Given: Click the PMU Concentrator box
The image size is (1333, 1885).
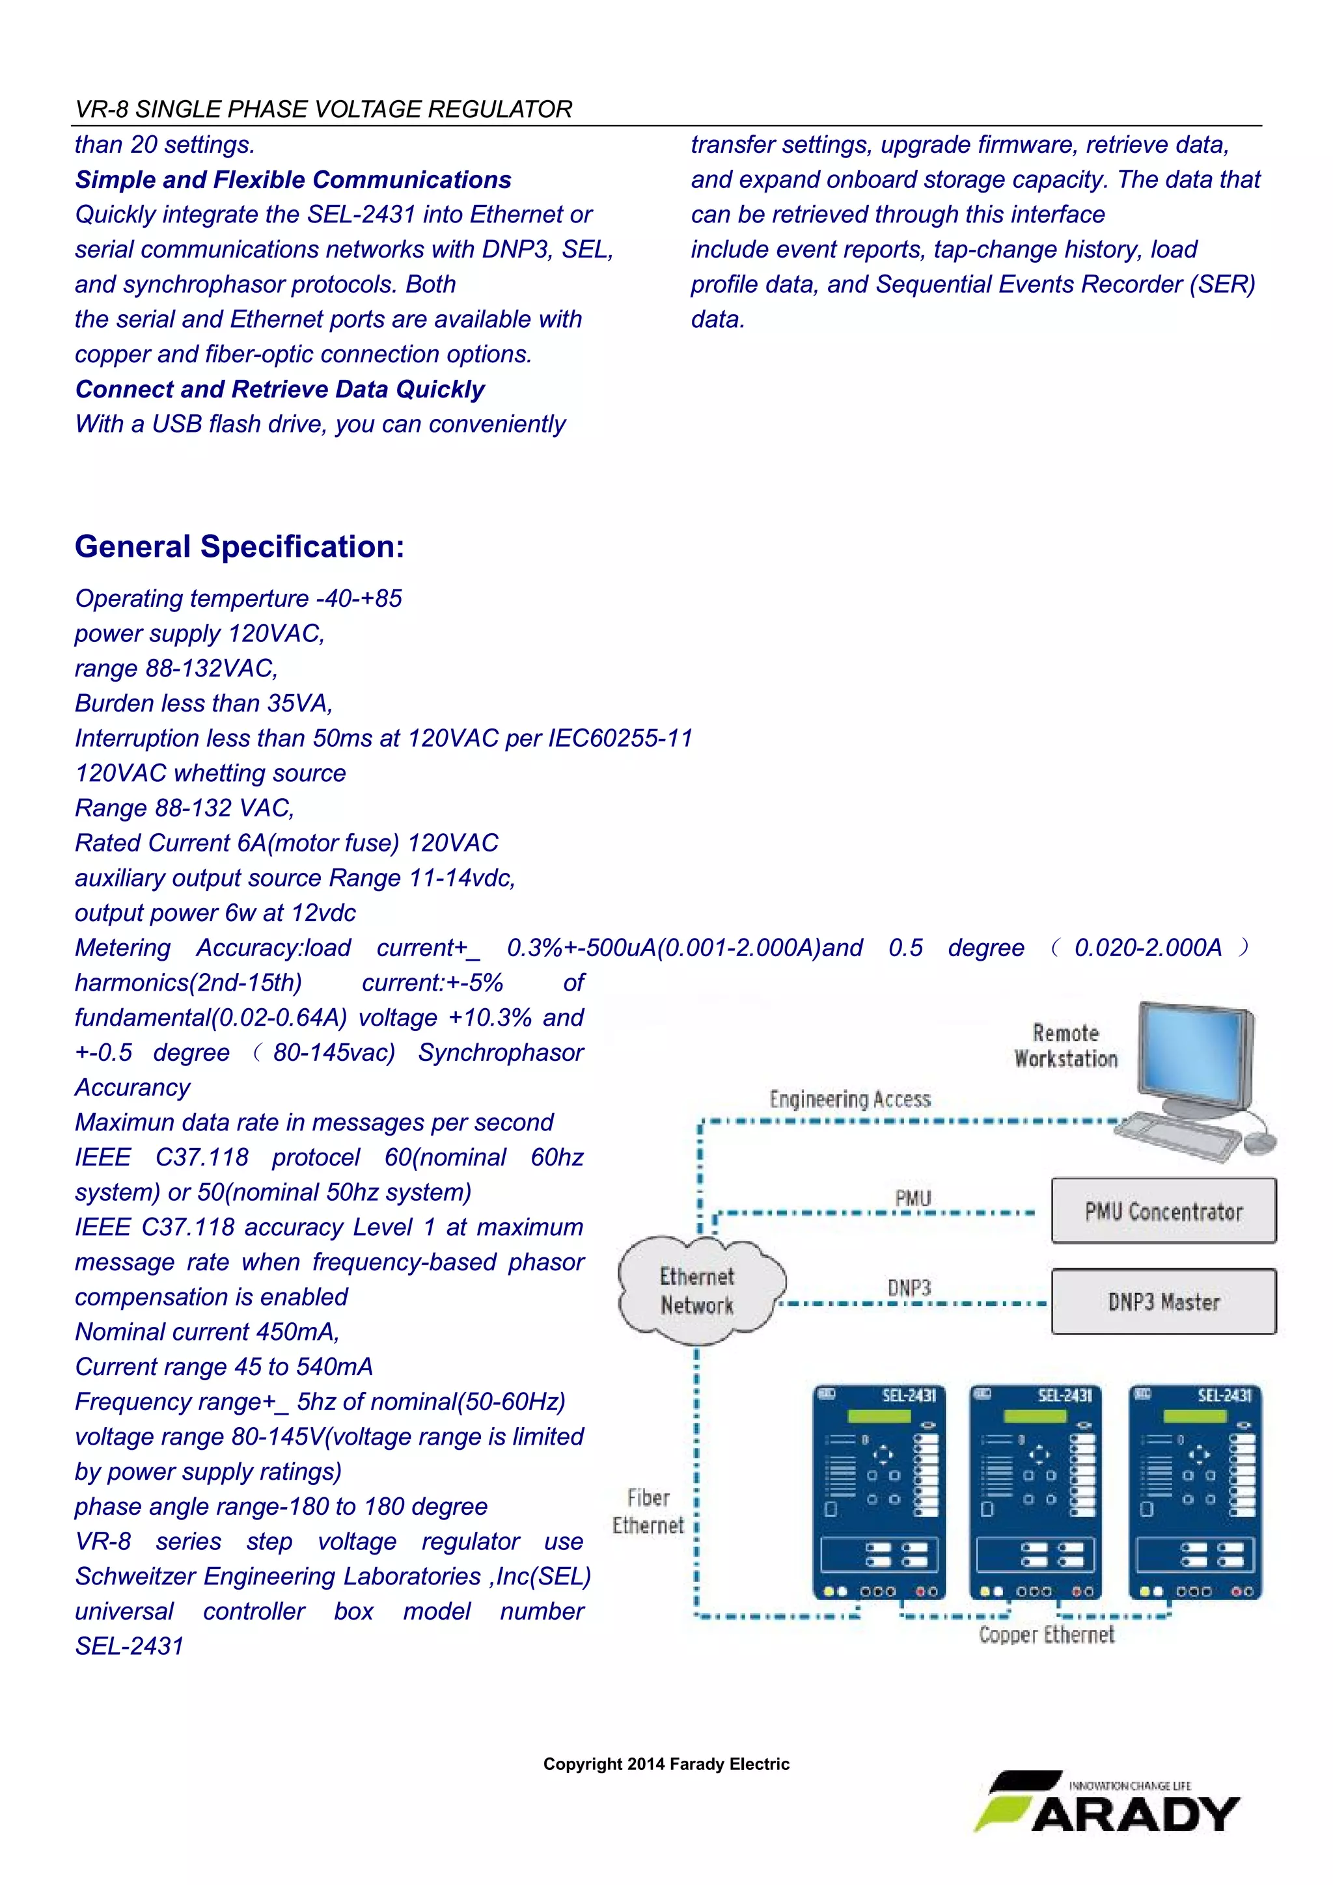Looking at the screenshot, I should point(1163,1211).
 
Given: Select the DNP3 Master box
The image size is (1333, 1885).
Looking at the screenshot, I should point(1163,1302).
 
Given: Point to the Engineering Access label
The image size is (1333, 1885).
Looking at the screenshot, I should point(850,1099).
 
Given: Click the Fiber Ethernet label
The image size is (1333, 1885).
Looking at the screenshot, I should point(648,1512).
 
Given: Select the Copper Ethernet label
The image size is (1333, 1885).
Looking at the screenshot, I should point(1047,1635).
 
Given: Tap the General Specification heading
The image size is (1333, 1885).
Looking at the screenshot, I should point(239,547).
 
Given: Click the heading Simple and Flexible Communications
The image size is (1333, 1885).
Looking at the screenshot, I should point(293,180).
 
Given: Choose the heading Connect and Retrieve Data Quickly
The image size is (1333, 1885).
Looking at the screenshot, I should point(280,389).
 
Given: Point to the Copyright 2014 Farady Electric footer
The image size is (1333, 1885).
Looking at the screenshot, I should point(666,1764).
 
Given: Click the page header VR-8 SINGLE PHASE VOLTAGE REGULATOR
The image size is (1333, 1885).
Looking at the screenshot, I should point(323,109).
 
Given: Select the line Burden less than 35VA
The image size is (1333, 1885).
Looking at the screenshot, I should point(204,704).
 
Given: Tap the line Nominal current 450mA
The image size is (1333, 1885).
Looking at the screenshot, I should point(207,1331).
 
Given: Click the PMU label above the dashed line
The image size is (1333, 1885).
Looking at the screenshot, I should point(913,1199).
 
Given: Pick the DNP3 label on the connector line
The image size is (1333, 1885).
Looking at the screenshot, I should point(909,1288).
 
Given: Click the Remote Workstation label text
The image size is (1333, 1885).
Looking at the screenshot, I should point(1066,1046).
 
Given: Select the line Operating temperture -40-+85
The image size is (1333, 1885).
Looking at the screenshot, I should point(238,598).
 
